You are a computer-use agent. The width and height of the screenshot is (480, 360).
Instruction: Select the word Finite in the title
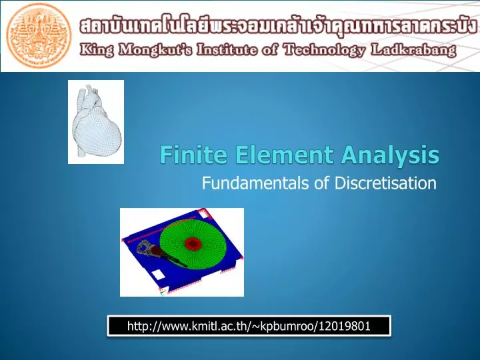[187, 156]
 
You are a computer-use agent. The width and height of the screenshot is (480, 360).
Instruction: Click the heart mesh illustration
[95, 121]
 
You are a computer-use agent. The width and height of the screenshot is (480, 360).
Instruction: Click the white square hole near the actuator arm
[156, 275]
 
